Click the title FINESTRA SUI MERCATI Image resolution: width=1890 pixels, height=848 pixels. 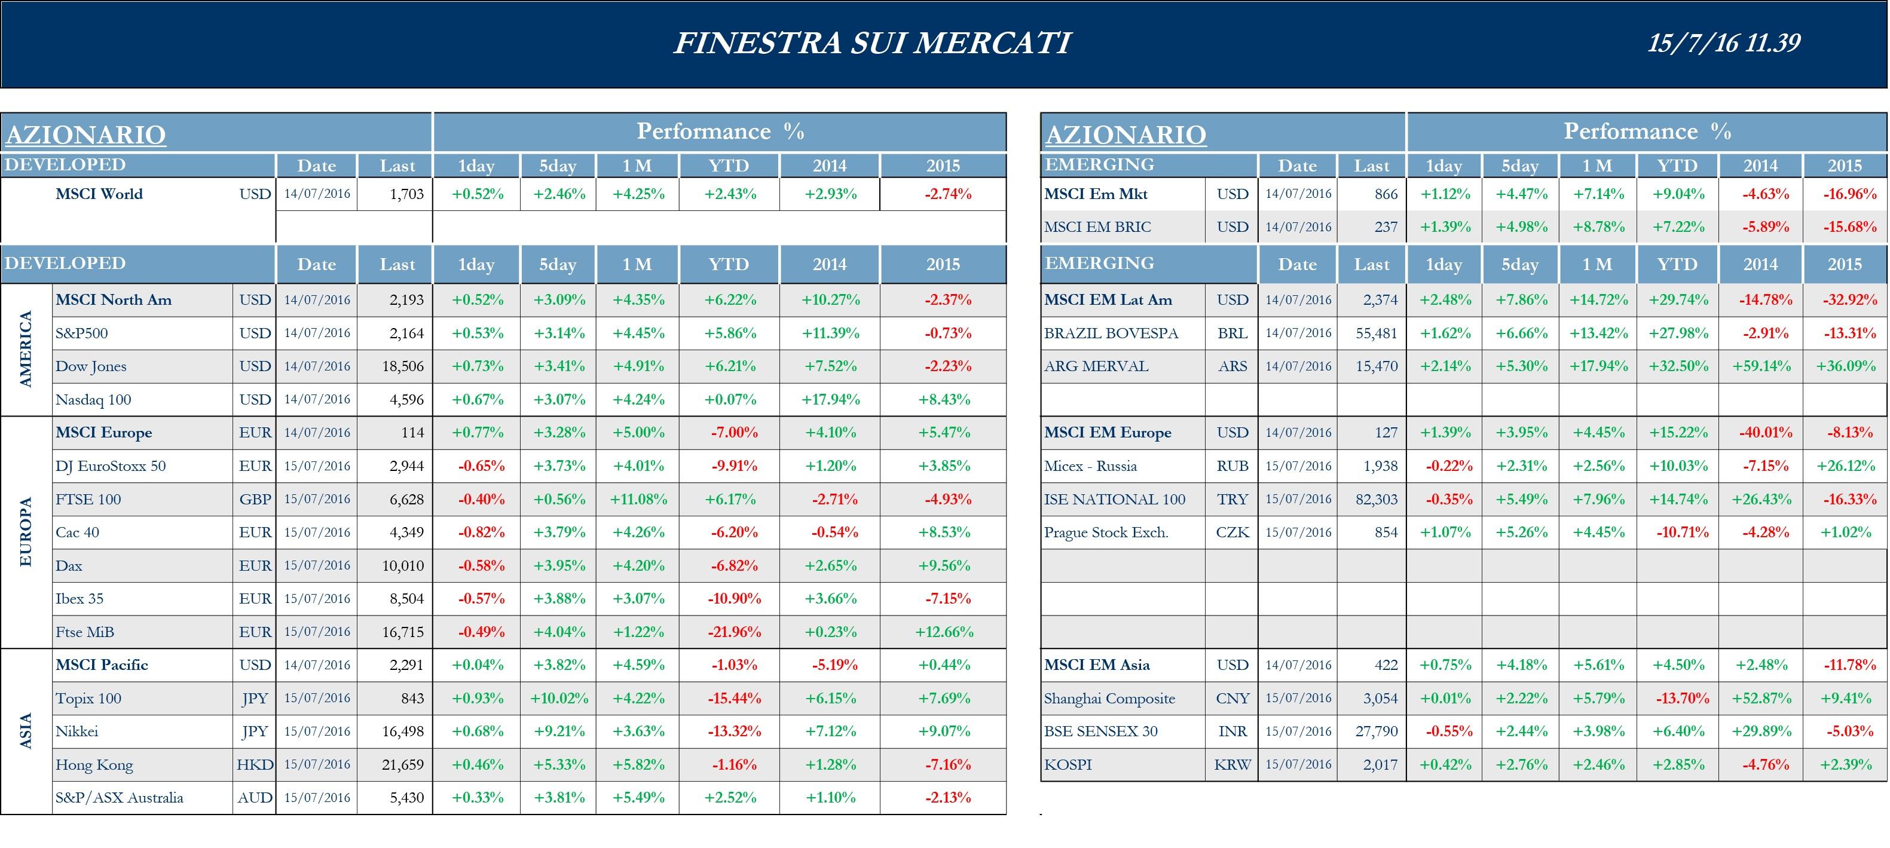click(872, 42)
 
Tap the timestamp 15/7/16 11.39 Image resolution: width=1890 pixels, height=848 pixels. click(1723, 42)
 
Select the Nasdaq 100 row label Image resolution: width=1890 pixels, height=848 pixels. click(93, 400)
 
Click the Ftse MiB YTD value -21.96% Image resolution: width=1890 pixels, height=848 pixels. click(733, 632)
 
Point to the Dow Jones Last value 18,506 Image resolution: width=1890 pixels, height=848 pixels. click(403, 366)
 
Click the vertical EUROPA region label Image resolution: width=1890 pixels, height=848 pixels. click(26, 532)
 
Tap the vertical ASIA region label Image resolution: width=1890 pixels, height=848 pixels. click(26, 731)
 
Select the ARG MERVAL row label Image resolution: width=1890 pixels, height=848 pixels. click(1096, 366)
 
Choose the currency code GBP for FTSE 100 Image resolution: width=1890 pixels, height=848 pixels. click(255, 500)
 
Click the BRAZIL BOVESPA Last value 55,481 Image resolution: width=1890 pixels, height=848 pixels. click(1376, 333)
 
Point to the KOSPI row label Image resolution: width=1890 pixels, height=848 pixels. click(1068, 764)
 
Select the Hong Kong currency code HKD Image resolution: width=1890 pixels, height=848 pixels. click(255, 764)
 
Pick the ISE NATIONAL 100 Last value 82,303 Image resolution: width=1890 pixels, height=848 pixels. click(1376, 500)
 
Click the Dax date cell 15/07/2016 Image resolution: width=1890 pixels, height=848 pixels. click(317, 565)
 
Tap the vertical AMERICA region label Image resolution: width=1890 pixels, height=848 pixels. click(26, 349)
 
